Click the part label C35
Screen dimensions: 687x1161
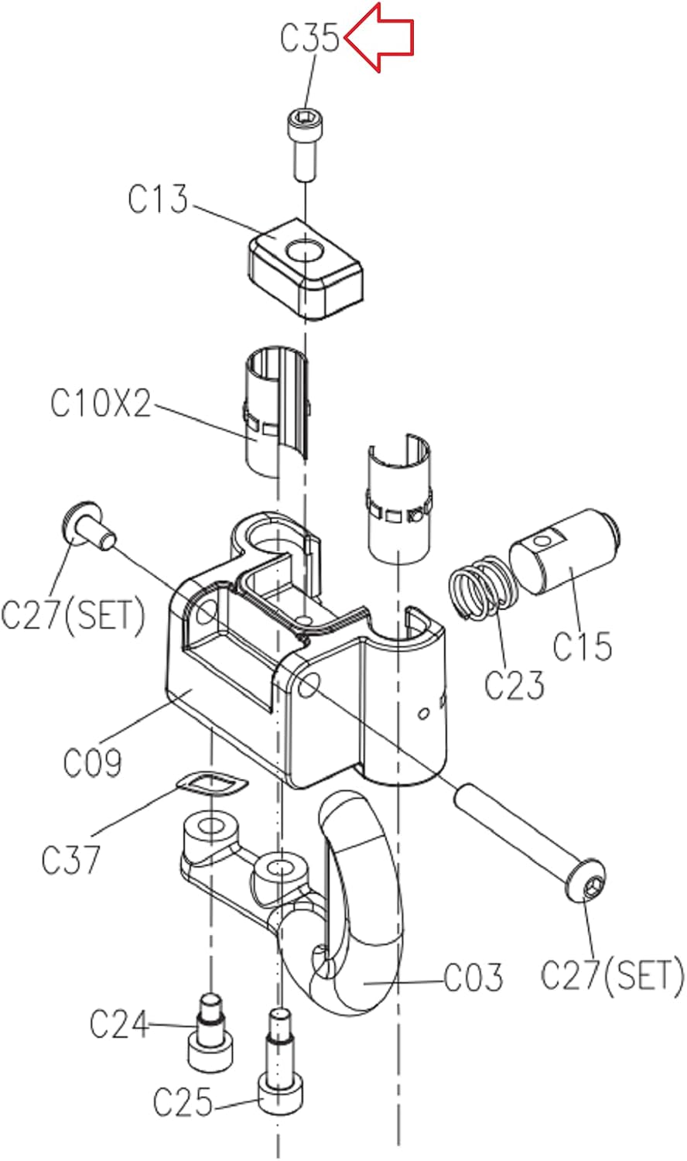pos(309,37)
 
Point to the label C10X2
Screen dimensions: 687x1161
pos(101,402)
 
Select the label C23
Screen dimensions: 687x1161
pos(514,684)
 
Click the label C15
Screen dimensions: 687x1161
pos(583,646)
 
